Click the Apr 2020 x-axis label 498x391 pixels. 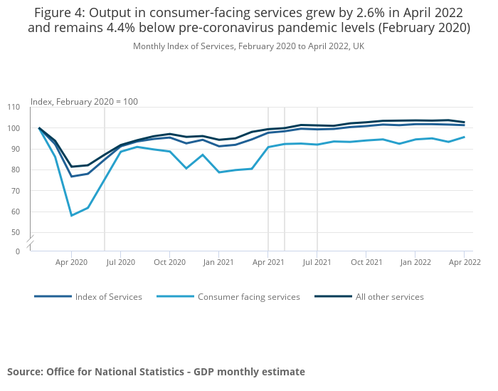click(71, 262)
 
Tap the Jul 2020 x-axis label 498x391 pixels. click(120, 262)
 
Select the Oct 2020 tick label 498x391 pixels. click(169, 262)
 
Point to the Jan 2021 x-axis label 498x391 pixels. click(219, 262)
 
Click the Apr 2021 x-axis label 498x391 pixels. click(267, 262)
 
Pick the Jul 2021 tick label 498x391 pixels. click(317, 262)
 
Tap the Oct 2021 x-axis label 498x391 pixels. click(366, 262)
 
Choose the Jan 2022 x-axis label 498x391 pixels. click(415, 262)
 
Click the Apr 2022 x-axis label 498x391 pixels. click(464, 262)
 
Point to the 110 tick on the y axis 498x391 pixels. click(14, 108)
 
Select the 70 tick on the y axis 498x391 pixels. click(16, 191)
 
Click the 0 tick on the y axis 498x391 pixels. click(18, 251)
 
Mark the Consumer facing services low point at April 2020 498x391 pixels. click(71, 215)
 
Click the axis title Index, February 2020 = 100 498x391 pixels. click(84, 102)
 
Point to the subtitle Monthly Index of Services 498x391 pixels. click(248, 46)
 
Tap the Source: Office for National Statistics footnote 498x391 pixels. click(156, 372)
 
